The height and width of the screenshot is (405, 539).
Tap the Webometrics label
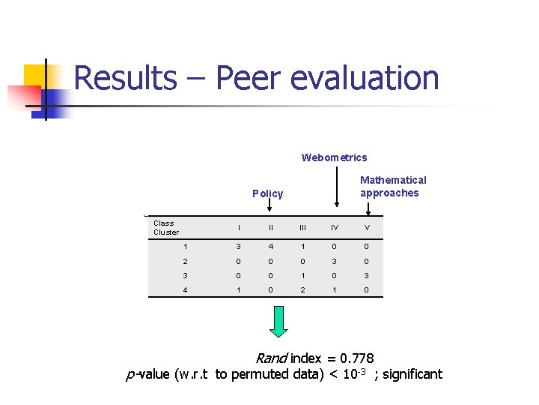(334, 157)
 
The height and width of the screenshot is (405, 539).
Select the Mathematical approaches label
(392, 186)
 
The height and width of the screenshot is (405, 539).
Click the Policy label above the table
(267, 193)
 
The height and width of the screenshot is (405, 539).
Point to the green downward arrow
(278, 321)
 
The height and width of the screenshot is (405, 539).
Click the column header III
(302, 228)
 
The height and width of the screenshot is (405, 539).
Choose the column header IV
(335, 228)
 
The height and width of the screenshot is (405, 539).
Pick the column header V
(367, 228)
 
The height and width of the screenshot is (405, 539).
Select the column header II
(271, 228)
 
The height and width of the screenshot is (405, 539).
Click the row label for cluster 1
(184, 246)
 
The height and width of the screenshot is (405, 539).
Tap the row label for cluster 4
(184, 289)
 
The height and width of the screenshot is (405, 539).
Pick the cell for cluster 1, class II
(271, 246)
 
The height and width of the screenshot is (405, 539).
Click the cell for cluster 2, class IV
(335, 261)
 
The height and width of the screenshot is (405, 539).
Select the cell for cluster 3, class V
(367, 275)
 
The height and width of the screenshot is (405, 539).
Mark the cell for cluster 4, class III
(302, 289)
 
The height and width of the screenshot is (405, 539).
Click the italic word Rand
(272, 358)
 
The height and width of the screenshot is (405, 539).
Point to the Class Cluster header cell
(165, 227)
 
